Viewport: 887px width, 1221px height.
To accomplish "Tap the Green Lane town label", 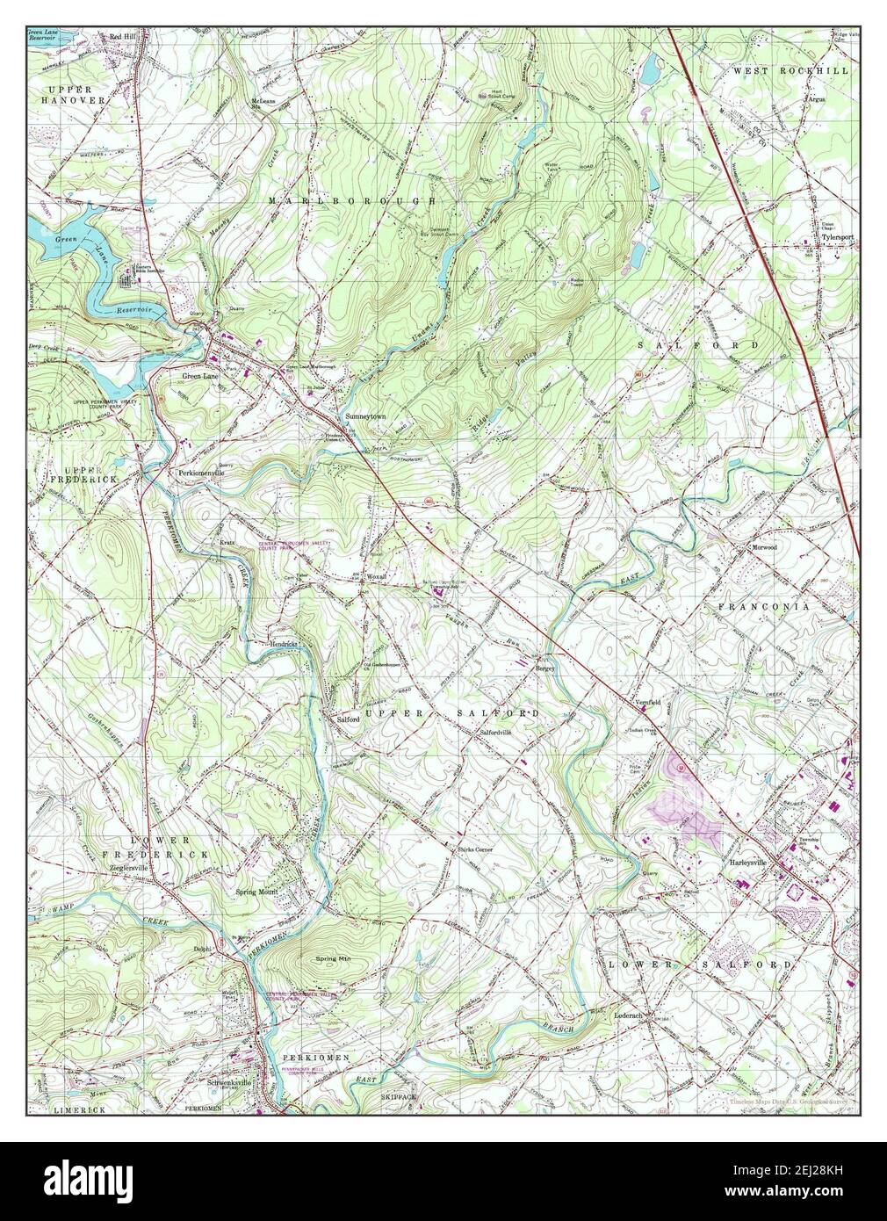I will point(197,376).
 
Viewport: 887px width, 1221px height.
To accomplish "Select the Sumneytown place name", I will point(366,415).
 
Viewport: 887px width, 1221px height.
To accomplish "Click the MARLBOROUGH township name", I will point(352,202).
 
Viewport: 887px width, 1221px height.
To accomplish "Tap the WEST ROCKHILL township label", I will point(791,70).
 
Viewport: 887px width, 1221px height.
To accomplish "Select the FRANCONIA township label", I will point(763,607).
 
